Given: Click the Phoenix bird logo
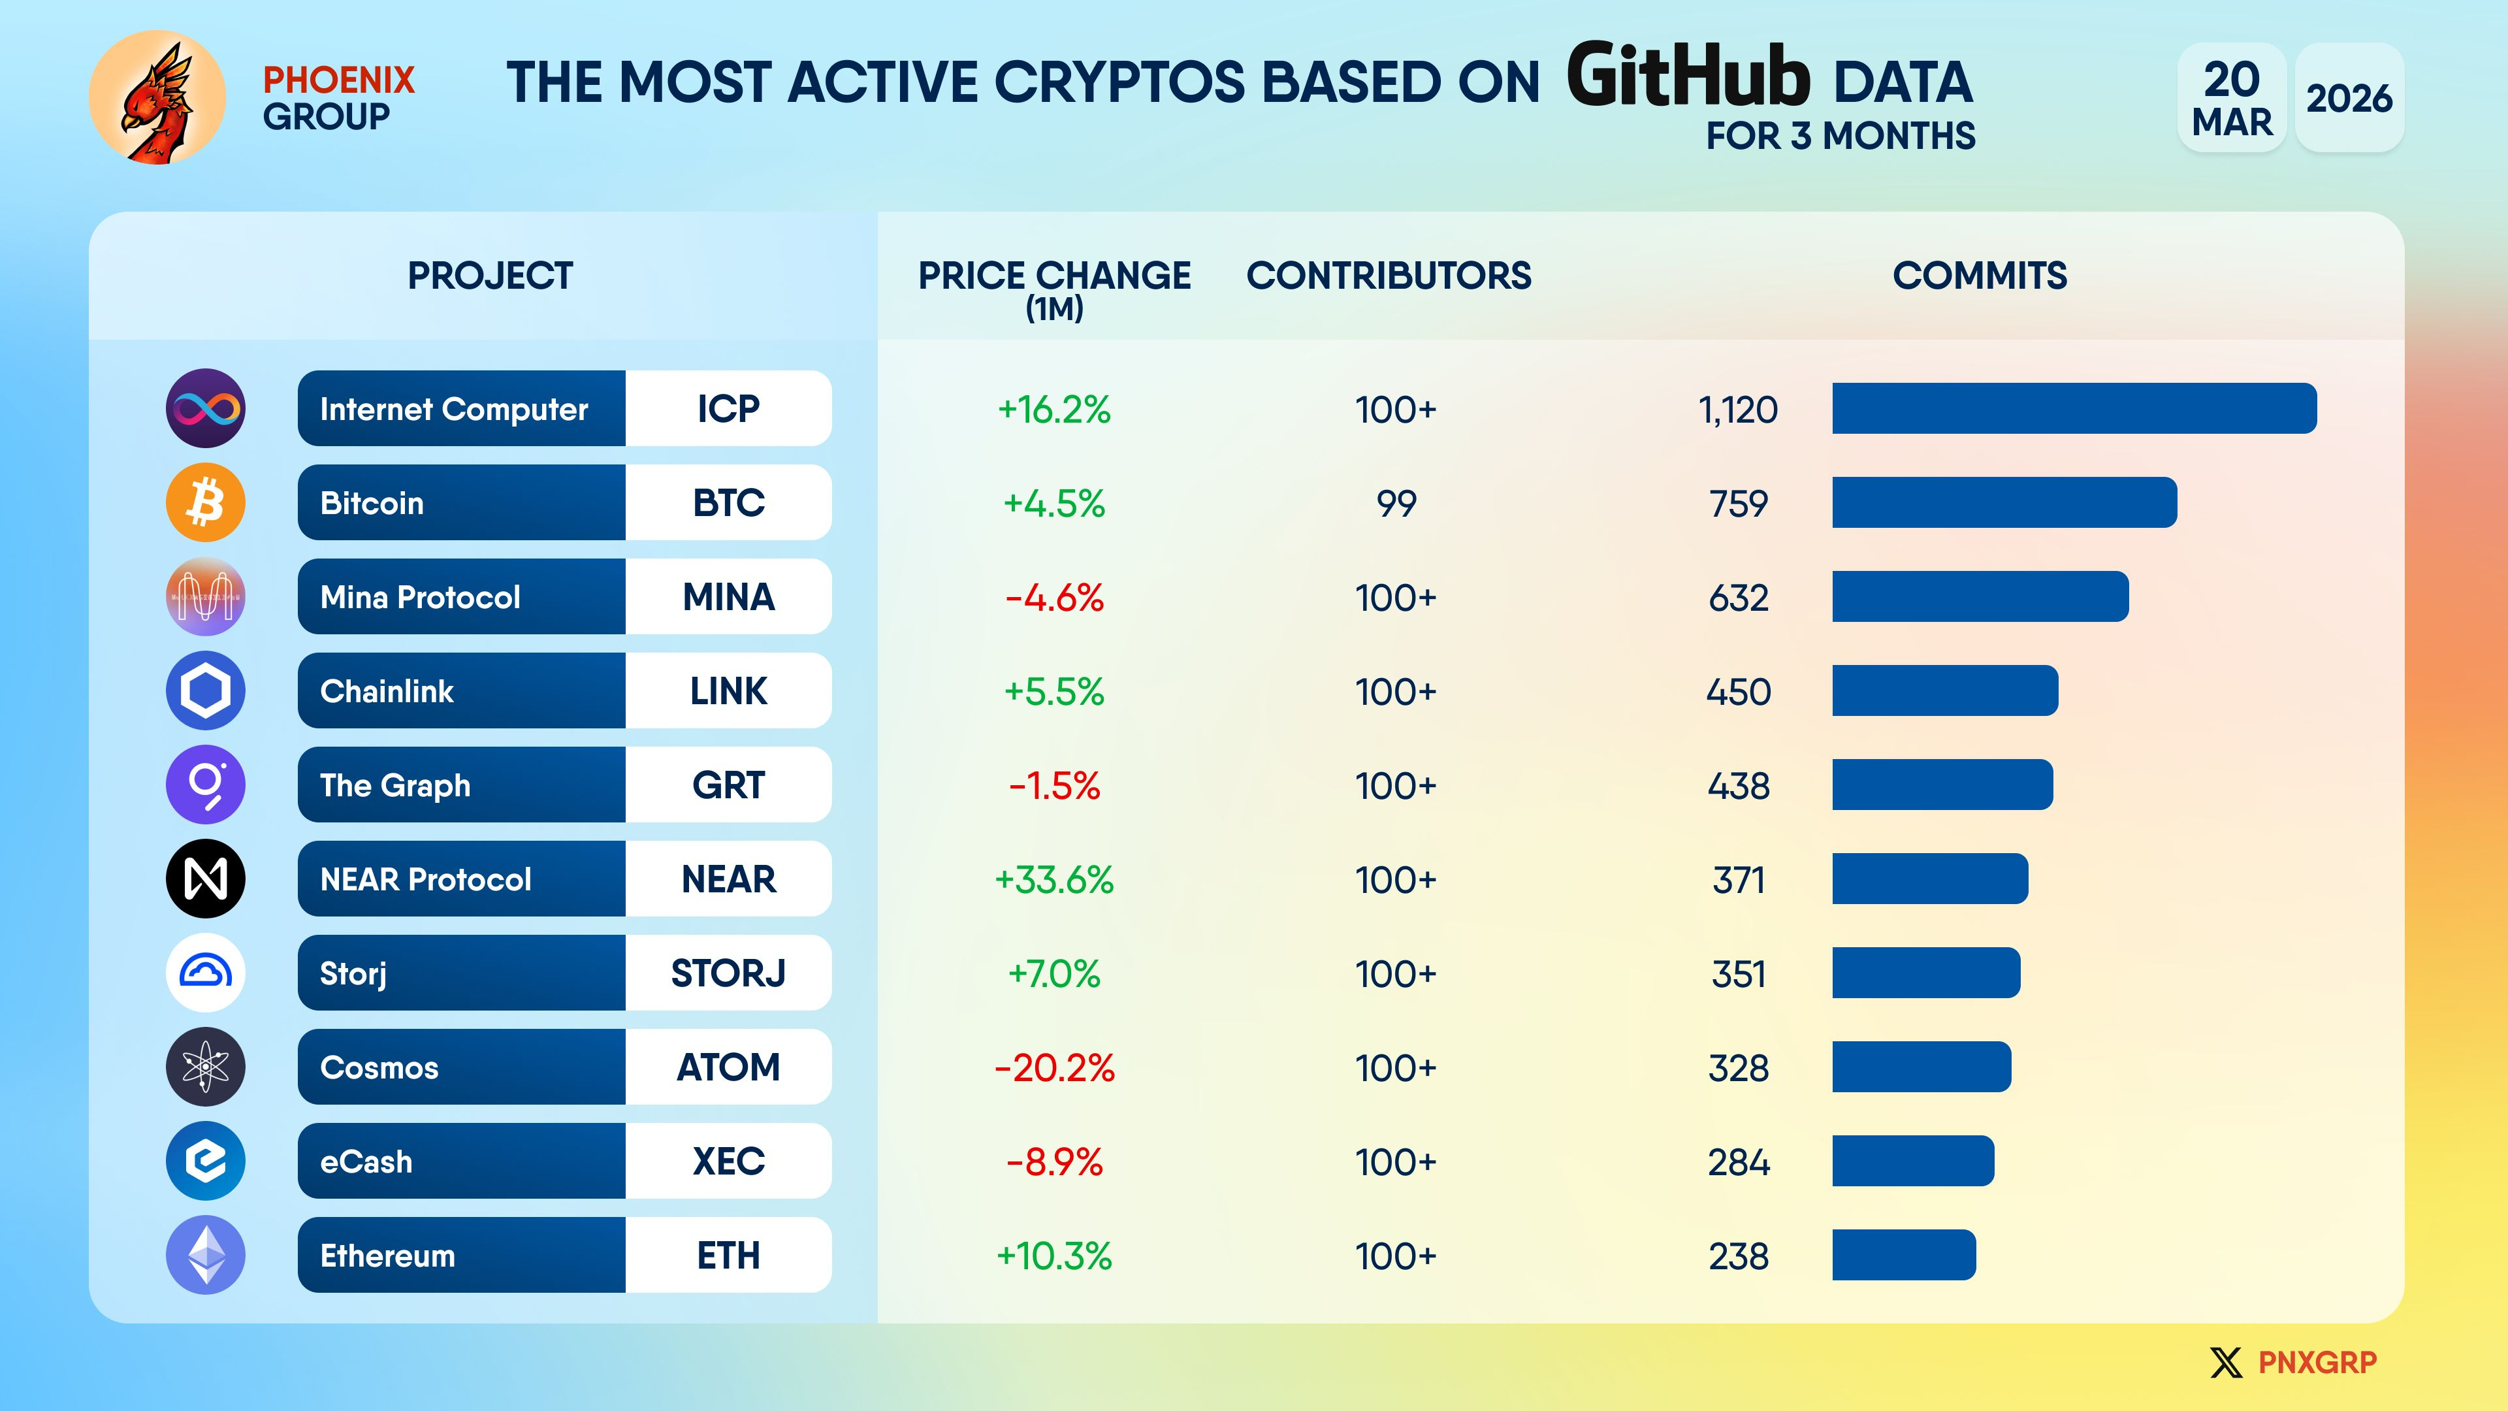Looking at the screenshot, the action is [157, 97].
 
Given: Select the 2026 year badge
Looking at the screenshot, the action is [2349, 97].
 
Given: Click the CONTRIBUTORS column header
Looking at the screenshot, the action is [1389, 276].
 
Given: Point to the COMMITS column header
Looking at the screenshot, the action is [1980, 276].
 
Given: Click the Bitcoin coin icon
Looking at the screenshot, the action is [206, 502].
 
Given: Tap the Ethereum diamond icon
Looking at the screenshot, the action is [206, 1255].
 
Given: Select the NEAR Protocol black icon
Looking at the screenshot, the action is [206, 879].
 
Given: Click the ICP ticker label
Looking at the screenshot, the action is [728, 409].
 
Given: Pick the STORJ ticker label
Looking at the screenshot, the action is [728, 973].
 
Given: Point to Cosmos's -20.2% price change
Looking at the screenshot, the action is [1053, 1068].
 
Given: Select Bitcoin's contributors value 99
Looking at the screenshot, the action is [1396, 504].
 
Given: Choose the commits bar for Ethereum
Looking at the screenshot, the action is [1905, 1255].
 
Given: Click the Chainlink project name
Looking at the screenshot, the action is [387, 691].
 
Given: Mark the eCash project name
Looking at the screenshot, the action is [366, 1161].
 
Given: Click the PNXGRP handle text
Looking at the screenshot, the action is [2317, 1362].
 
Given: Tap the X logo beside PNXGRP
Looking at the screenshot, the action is [2226, 1362].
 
